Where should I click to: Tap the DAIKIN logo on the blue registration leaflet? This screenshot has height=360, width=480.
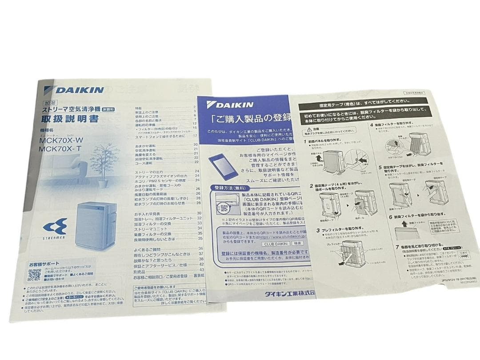coord(230,105)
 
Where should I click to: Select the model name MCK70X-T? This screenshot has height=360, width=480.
coord(60,149)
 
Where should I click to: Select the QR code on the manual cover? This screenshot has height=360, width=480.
coord(34,275)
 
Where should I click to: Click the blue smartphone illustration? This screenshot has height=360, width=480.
coord(221,166)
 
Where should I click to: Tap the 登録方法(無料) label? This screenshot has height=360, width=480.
coord(229,188)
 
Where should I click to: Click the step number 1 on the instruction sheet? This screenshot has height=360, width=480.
coord(306,141)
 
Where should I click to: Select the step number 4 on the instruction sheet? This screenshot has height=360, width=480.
coord(372,124)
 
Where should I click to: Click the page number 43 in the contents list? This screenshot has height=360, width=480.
coord(201,270)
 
